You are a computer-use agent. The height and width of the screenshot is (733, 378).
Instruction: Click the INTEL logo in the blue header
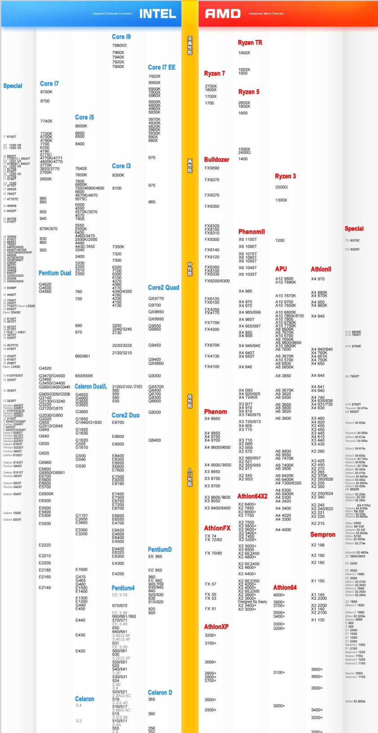(157, 14)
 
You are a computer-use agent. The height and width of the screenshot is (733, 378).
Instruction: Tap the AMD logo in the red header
(223, 14)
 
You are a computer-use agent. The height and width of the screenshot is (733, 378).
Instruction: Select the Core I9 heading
(121, 37)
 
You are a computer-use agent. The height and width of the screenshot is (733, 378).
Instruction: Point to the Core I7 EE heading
(161, 67)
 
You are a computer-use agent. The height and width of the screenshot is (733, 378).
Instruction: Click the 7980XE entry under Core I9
(119, 45)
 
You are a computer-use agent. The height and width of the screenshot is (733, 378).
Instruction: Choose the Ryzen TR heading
(250, 43)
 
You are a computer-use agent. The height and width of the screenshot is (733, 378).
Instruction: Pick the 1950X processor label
(244, 53)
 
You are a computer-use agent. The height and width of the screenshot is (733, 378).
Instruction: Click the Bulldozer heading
(217, 160)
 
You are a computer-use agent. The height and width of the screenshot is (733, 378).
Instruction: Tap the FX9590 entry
(212, 168)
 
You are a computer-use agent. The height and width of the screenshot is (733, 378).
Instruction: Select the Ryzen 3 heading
(285, 176)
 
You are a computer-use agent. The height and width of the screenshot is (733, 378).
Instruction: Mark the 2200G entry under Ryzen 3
(282, 187)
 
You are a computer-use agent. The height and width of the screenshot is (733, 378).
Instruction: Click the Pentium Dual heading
(55, 273)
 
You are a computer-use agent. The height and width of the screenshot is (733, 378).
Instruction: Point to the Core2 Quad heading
(163, 288)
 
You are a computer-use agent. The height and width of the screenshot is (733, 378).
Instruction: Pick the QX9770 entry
(156, 298)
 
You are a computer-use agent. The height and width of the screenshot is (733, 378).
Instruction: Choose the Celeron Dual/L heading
(91, 387)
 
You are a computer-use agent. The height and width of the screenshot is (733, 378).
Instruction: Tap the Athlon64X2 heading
(252, 496)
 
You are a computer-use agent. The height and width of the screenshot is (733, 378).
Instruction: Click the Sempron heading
(323, 535)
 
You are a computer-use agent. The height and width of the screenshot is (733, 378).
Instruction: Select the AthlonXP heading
(216, 627)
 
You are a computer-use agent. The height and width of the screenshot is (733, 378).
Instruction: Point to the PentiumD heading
(160, 550)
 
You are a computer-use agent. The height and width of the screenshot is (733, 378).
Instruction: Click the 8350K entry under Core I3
(118, 175)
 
